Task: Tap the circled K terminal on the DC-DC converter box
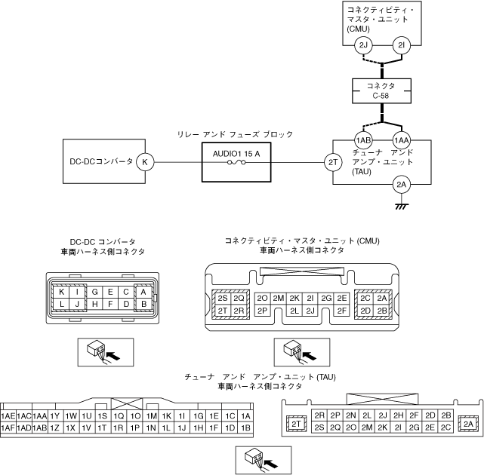(x=146, y=161)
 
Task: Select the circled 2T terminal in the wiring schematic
(x=332, y=161)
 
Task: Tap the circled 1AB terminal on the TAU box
(x=364, y=140)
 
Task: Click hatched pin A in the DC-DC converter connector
(x=141, y=291)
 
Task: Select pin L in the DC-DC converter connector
(x=62, y=304)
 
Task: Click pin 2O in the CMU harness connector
(x=264, y=298)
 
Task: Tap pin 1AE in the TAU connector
(x=9, y=415)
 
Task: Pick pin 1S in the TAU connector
(x=102, y=415)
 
